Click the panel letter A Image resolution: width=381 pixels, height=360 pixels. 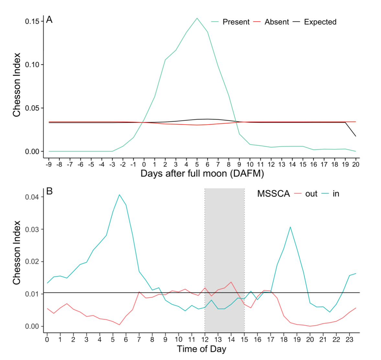(49, 20)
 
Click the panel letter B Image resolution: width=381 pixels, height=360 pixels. (49, 191)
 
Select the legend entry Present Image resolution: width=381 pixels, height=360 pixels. (236, 22)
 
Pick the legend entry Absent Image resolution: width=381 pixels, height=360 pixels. (276, 22)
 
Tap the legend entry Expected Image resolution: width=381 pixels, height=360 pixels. (320, 22)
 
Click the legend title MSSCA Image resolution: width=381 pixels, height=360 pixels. (273, 194)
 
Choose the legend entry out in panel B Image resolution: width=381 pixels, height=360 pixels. (311, 194)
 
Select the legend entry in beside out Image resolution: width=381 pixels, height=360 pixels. (336, 194)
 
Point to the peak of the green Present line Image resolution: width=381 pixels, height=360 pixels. (197, 18)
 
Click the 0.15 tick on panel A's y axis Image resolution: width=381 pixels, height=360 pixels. (32, 21)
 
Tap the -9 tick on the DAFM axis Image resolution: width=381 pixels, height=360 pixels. (49, 164)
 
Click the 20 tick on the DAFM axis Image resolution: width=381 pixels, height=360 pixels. (356, 164)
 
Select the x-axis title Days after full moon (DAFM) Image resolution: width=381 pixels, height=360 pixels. (202, 174)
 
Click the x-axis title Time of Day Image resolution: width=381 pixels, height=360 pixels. (201, 349)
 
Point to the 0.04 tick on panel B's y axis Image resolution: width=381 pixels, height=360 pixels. (32, 197)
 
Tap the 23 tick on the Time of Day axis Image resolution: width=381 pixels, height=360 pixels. (349, 340)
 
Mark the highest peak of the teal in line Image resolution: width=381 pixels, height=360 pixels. (119, 195)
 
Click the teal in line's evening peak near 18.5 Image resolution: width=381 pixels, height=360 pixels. (290, 227)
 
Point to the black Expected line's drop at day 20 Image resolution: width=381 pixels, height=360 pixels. (356, 136)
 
